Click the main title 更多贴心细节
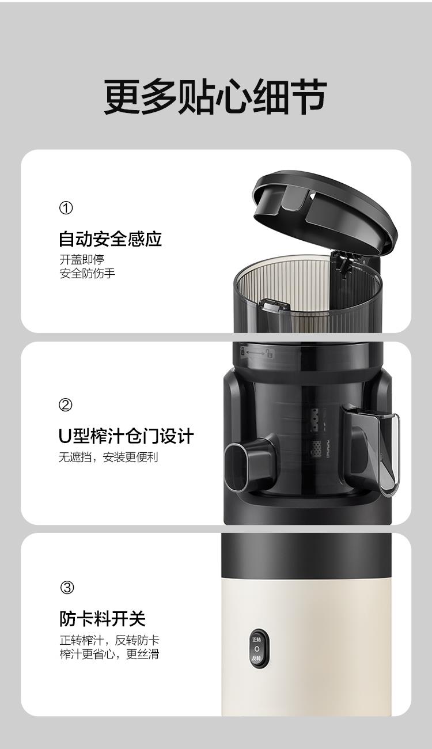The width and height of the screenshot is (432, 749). tap(215, 97)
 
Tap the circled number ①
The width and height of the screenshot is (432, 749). tap(66, 208)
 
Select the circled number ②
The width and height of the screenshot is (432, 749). tap(65, 405)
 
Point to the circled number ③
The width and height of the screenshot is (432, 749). tap(67, 588)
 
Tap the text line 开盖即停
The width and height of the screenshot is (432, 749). tap(82, 259)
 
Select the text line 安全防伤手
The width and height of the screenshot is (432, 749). tap(88, 273)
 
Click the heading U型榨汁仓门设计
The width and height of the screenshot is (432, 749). tap(126, 436)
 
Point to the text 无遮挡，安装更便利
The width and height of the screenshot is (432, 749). tap(108, 457)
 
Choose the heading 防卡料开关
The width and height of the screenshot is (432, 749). tap(103, 618)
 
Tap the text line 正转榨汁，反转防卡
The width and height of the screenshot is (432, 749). tap(109, 640)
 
